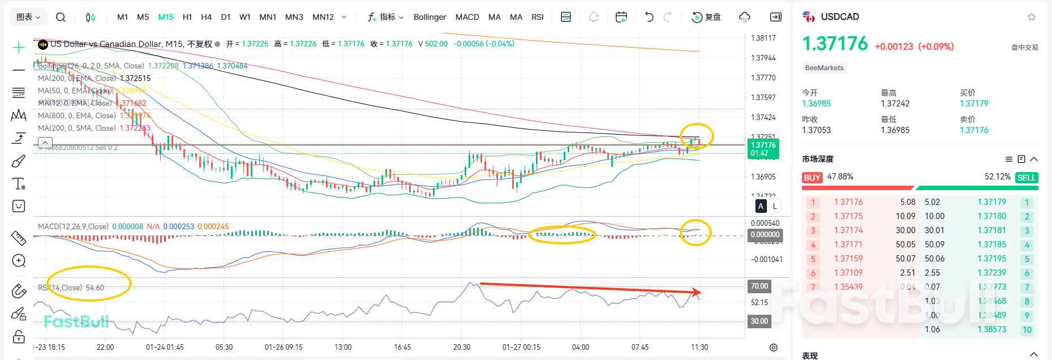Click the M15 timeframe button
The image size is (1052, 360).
pos(166,17)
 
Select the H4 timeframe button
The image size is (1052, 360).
pos(206,17)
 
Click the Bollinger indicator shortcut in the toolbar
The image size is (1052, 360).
pos(430,17)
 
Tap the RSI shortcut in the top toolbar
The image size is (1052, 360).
pos(538,17)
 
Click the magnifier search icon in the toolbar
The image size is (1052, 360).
pos(61,17)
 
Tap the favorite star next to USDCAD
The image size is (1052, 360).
pos(1032,17)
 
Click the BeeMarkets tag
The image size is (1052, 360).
pos(824,68)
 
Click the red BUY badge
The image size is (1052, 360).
pos(812,178)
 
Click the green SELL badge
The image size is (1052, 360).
pos(1026,178)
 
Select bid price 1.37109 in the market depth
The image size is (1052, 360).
pos(848,273)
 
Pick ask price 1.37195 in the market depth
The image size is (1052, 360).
pos(991,259)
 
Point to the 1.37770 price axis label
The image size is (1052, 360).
pos(763,78)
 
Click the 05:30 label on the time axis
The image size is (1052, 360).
pos(224,347)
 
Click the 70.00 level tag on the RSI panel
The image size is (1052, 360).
pos(759,286)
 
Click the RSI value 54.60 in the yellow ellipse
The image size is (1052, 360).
pos(95,288)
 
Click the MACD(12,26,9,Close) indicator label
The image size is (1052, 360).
pos(73,226)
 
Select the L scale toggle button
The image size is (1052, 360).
pos(775,206)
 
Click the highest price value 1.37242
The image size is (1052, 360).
pos(895,104)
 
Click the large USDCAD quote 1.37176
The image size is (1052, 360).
pos(835,44)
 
